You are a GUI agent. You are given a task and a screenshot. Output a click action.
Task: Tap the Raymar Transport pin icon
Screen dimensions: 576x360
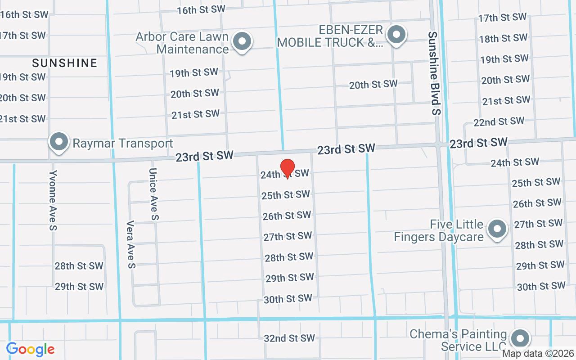58,142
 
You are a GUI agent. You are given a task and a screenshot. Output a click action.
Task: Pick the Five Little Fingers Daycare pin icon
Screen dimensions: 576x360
497,229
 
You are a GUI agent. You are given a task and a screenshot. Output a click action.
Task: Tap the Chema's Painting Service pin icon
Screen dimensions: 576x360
520,338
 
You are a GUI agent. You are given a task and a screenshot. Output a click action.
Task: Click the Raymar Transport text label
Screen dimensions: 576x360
123,144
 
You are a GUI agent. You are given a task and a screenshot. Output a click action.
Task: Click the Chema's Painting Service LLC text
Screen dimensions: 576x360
458,341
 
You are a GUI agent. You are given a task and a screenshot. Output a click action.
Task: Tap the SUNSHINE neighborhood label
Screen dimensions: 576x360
65,63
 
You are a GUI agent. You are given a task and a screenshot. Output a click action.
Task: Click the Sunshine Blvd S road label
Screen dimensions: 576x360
433,73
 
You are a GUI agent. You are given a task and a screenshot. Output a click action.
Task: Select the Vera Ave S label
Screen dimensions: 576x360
131,244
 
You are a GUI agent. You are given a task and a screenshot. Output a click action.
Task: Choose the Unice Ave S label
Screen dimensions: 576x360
153,194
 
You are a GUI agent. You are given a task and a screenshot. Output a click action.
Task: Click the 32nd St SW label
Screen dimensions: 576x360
289,338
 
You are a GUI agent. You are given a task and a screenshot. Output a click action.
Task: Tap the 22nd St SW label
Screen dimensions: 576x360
499,121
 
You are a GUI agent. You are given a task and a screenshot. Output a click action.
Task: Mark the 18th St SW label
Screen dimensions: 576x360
503,38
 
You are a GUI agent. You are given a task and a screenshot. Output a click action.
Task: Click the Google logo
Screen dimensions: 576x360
31,349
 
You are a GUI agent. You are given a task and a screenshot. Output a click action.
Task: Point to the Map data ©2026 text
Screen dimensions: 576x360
538,354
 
